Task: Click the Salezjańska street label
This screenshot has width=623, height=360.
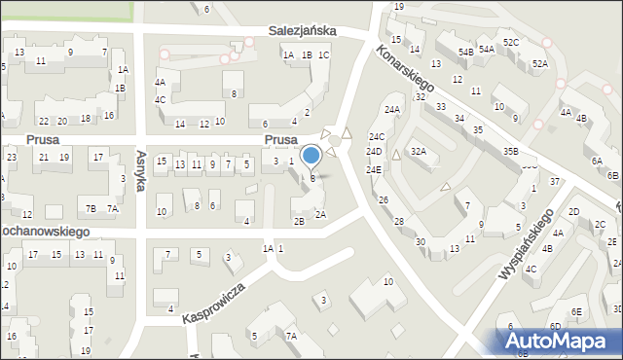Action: coord(303,31)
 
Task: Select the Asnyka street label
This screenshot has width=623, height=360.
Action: coord(141,169)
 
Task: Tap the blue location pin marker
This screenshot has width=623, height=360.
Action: coord(311,157)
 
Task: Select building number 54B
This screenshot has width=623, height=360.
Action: coord(465,51)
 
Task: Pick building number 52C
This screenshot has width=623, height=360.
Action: coord(511,42)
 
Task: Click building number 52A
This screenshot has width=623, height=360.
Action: coord(540,63)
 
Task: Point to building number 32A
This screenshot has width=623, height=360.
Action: coord(418,151)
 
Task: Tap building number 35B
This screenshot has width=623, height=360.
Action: coord(510,151)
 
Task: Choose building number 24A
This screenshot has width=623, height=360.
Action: coord(392,110)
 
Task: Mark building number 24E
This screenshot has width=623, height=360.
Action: coord(374,169)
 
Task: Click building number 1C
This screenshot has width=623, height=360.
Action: coord(323,54)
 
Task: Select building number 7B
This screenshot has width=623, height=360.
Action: coord(91,208)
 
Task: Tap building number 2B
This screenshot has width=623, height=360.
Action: coord(300,221)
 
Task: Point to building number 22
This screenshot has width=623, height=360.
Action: coord(44,121)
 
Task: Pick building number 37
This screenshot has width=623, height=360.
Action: coord(554,181)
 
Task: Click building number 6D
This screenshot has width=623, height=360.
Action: coord(555,326)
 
